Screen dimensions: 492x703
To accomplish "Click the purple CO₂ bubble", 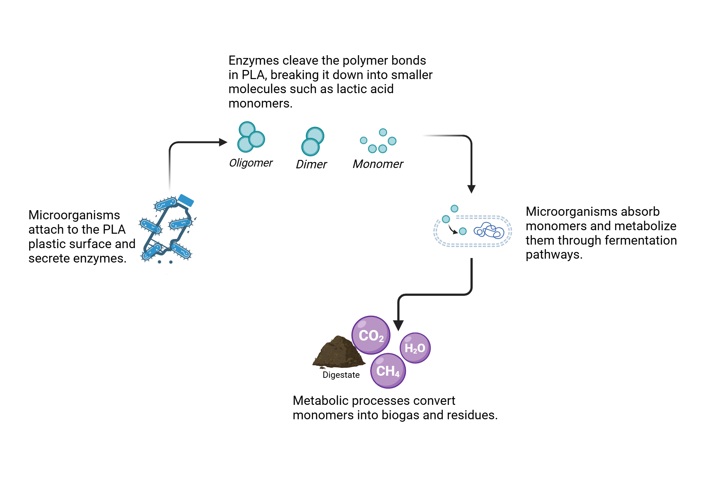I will tap(371, 335).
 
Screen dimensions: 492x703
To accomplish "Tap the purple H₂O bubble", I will tap(415, 348).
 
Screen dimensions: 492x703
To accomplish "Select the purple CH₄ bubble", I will tap(388, 371).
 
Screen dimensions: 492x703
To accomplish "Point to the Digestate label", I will tap(341, 375).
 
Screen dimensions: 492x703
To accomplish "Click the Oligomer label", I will tap(251, 163).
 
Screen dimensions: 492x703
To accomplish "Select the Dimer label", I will tap(311, 164).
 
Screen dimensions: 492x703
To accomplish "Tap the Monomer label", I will tap(378, 164).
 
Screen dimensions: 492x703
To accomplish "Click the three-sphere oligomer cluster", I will tap(251, 137).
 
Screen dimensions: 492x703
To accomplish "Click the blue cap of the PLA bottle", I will tap(186, 200).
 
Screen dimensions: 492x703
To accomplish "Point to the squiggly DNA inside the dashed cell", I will tap(489, 231).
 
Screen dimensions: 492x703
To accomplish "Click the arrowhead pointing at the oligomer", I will tap(223, 142).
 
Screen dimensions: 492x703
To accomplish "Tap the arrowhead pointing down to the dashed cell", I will tap(471, 189).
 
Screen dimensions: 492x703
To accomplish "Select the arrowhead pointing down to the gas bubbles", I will tap(398, 325).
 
